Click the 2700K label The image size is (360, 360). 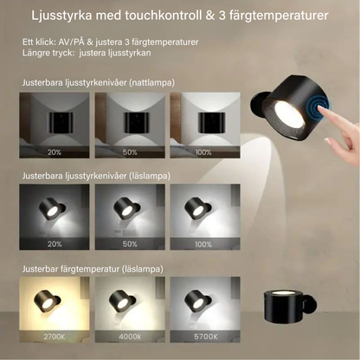[55, 337]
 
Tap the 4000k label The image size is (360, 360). [130, 337]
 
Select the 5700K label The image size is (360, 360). [206, 337]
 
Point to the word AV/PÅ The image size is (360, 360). [71, 42]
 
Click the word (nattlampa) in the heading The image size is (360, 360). [151, 83]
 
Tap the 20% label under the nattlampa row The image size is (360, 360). [55, 152]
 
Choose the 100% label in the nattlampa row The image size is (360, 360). [203, 152]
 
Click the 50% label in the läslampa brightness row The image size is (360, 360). [130, 244]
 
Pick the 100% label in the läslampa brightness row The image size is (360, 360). [203, 244]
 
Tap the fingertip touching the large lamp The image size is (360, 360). [321, 109]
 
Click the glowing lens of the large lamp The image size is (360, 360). [289, 114]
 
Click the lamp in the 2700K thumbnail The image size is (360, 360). [47, 301]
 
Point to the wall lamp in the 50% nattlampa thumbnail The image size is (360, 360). [137, 123]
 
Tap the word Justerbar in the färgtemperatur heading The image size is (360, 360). [41, 269]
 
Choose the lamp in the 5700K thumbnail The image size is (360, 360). [197, 300]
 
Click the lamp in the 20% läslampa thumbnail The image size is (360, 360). [52, 209]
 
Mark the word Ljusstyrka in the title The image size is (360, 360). [61, 16]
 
